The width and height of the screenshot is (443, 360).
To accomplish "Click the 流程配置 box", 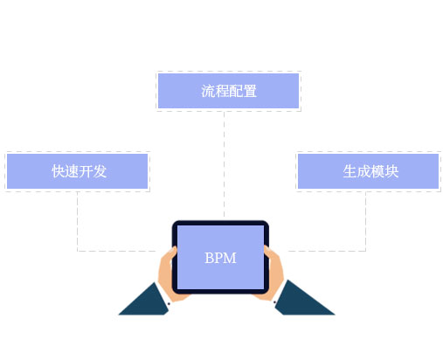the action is [x=228, y=91].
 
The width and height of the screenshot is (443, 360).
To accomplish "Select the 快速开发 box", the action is [x=77, y=171].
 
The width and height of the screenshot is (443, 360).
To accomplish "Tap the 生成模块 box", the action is [x=368, y=171].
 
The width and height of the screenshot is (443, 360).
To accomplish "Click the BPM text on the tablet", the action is [x=220, y=258].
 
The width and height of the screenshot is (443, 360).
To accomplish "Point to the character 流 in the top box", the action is [x=208, y=91].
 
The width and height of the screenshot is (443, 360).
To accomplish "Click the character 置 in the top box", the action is [x=250, y=91].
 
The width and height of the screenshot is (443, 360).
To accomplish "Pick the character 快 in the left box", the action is [x=59, y=171].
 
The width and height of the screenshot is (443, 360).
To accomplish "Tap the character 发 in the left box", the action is [x=100, y=171].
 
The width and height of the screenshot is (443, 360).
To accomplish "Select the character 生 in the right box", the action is [x=350, y=171].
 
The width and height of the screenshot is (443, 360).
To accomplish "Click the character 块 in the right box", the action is [x=391, y=171].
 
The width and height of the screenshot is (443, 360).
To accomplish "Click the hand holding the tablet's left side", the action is [x=169, y=275].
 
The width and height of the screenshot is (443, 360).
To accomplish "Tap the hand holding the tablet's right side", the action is [x=273, y=273].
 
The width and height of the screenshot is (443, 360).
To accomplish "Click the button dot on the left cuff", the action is [x=169, y=304].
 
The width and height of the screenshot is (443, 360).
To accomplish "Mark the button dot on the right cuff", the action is [x=274, y=302].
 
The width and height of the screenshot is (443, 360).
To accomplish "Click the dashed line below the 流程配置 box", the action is [x=224, y=164].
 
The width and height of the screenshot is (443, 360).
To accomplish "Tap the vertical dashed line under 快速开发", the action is [x=78, y=221].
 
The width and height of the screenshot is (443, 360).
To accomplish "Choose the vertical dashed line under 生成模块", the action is [x=365, y=221].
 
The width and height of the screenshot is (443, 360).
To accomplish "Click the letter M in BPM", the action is [x=230, y=258].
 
